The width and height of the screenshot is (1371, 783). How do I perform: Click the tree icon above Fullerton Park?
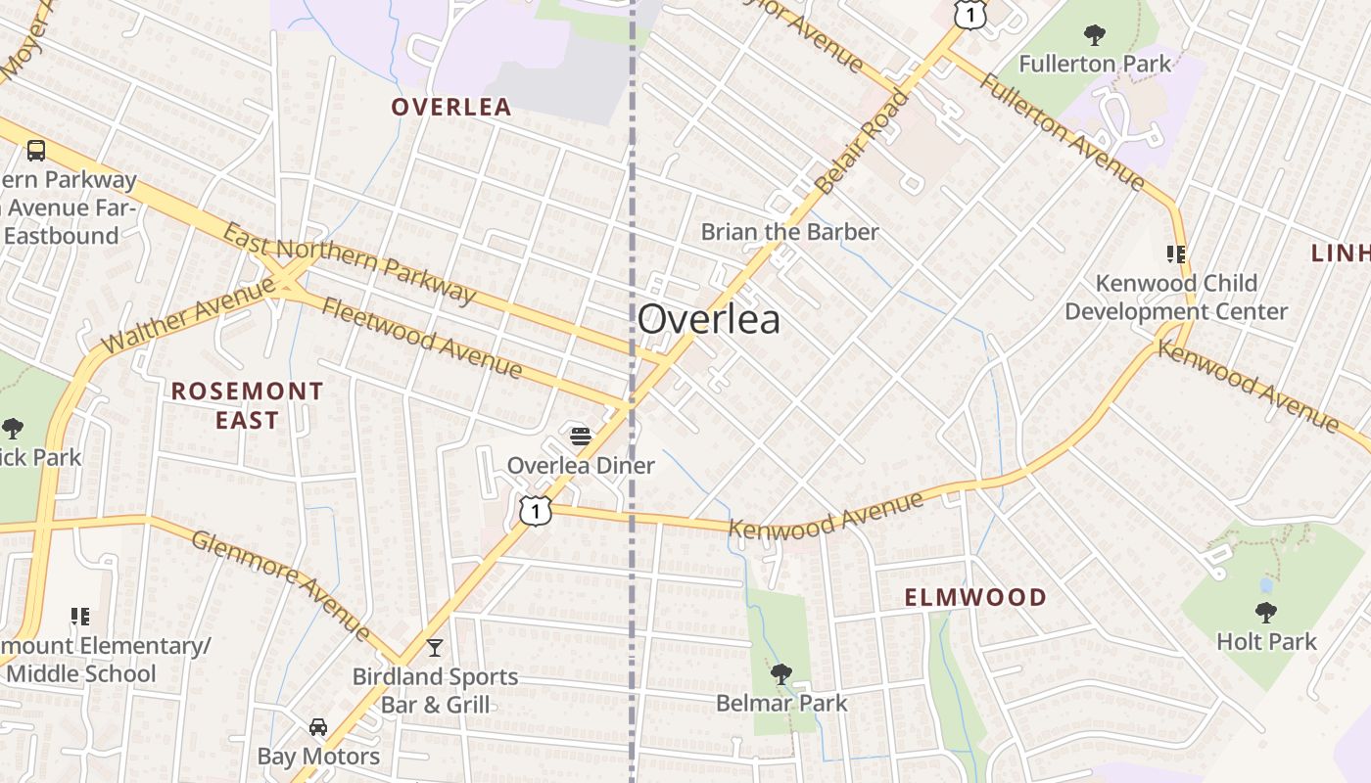click(1094, 36)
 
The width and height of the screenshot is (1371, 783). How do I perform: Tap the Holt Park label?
click(1266, 642)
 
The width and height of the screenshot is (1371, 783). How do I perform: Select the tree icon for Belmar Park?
click(780, 673)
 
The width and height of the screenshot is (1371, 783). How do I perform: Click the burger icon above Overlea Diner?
click(581, 436)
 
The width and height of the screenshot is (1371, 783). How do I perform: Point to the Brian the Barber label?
click(789, 232)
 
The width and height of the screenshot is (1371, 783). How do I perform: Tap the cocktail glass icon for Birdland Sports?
click(435, 647)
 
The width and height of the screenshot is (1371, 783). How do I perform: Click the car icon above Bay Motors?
click(318, 727)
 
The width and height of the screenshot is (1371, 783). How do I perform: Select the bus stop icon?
click(36, 151)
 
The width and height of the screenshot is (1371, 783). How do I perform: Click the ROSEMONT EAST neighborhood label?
click(247, 405)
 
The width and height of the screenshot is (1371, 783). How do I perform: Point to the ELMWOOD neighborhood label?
click(974, 597)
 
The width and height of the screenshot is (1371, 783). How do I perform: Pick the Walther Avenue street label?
click(188, 316)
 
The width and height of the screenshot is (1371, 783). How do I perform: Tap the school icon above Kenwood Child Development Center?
click(1176, 254)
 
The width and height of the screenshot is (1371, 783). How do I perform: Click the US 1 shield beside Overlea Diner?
click(536, 510)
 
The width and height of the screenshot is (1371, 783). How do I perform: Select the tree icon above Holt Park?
click(1265, 613)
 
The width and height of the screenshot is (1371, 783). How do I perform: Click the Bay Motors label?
click(318, 757)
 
